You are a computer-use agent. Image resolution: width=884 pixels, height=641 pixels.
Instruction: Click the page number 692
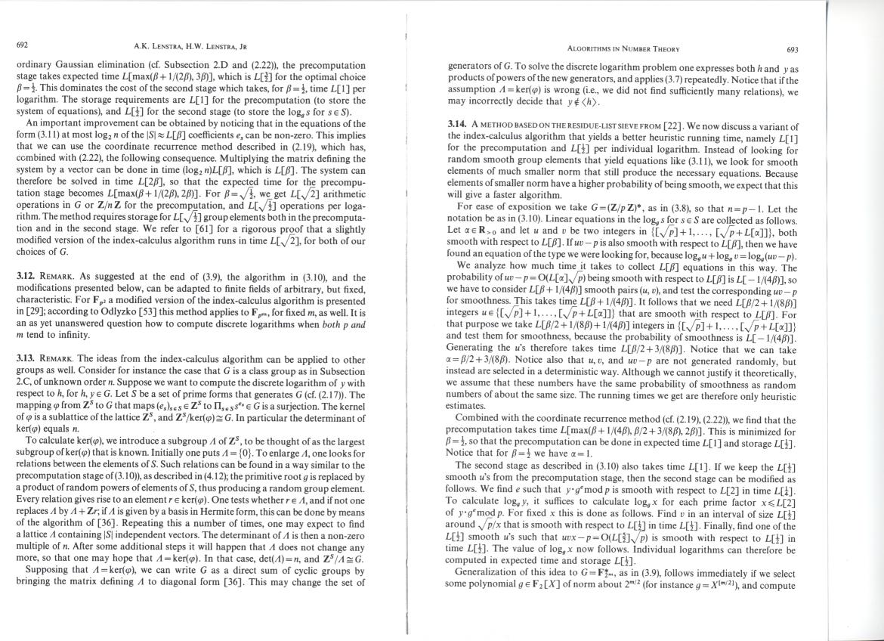pos(21,45)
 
